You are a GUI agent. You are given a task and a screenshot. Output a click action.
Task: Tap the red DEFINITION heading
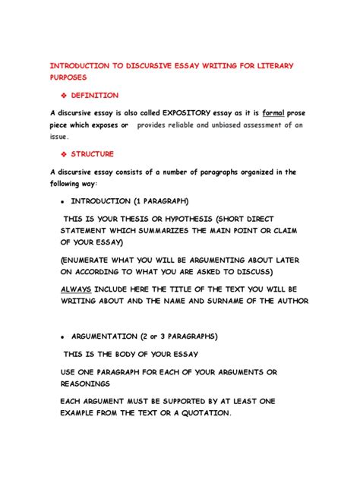(95, 96)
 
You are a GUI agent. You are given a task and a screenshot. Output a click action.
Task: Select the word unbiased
(218, 125)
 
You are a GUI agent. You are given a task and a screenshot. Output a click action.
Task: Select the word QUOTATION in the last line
(197, 413)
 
